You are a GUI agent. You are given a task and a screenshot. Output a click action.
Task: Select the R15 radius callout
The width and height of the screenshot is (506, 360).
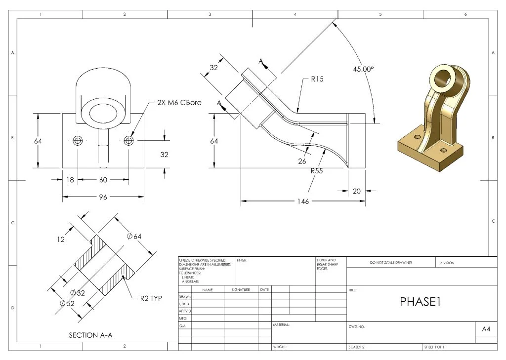(317, 79)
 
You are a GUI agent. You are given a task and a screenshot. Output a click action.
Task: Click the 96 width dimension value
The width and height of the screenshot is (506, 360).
(103, 197)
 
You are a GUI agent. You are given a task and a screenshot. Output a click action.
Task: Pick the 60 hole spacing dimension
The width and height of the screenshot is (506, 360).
(103, 180)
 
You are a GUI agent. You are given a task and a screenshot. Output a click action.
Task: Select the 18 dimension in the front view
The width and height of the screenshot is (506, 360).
(70, 180)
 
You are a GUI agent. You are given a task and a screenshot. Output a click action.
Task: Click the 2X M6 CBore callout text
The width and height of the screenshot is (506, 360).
(179, 102)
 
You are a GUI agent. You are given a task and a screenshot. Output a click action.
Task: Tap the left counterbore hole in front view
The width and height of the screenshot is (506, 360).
(77, 141)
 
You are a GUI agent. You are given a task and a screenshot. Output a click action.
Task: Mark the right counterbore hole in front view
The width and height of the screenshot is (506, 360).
(129, 141)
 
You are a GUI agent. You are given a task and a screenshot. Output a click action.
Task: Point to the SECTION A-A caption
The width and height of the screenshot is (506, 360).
(90, 335)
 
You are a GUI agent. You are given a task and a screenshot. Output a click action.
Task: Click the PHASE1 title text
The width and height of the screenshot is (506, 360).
(420, 302)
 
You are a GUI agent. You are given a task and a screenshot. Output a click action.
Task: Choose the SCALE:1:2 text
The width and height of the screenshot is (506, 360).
(357, 347)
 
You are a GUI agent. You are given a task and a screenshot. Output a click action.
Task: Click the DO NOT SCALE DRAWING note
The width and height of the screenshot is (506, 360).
(390, 263)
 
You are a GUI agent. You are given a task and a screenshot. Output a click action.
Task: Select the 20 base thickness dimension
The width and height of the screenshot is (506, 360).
(357, 191)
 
